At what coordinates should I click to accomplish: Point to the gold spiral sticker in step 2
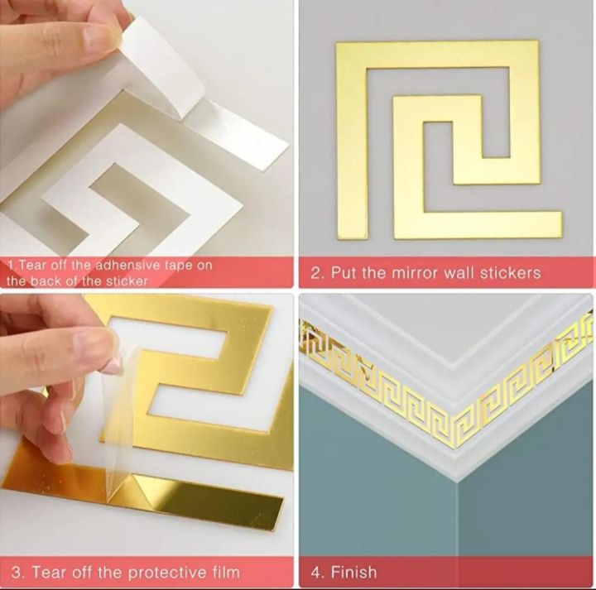pyautogui.click(x=447, y=141)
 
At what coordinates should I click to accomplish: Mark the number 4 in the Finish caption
pyautogui.click(x=315, y=572)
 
